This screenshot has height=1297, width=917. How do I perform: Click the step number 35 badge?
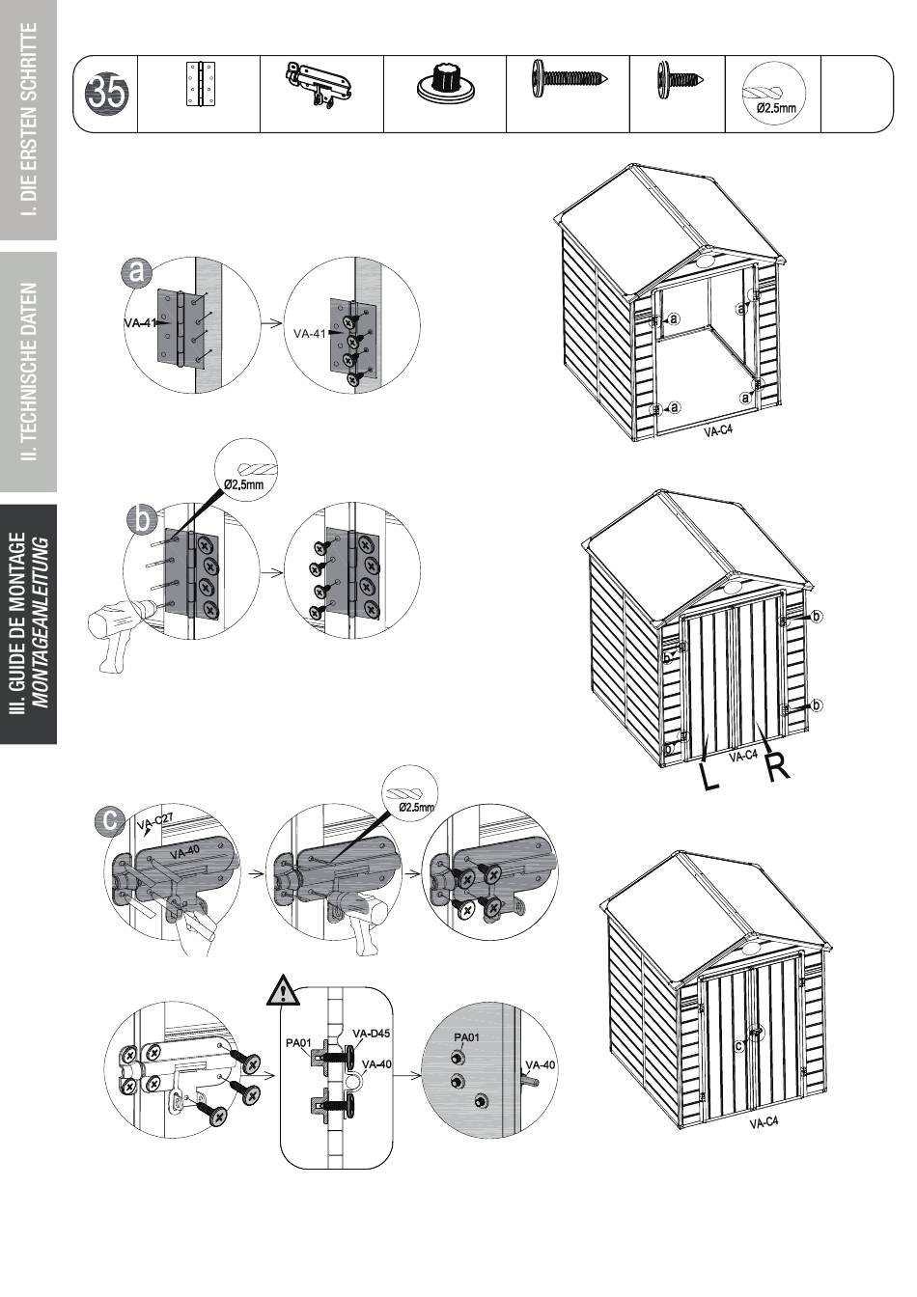click(106, 94)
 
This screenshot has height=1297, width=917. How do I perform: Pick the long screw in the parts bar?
click(568, 77)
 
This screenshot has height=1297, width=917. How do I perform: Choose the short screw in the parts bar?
click(681, 78)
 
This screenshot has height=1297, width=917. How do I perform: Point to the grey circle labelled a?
click(136, 271)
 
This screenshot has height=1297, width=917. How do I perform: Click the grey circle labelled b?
click(143, 519)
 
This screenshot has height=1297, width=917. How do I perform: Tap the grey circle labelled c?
click(109, 820)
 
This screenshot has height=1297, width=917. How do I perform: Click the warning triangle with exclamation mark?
click(283, 990)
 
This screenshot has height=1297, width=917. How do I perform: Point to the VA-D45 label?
click(370, 1033)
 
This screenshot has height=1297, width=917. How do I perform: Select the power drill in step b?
click(124, 631)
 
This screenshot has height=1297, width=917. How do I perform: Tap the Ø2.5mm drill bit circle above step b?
click(245, 469)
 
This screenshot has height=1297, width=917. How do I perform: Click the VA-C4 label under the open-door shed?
click(718, 430)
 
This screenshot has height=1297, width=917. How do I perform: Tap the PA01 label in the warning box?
click(298, 1043)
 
